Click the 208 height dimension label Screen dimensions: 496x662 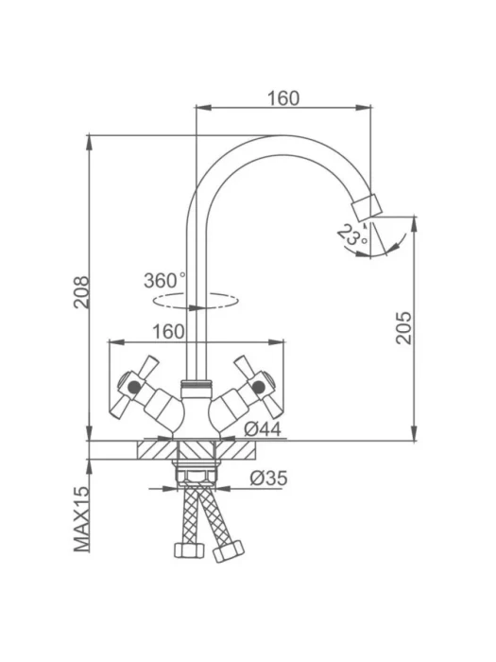click(x=81, y=292)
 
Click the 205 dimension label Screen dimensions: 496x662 click(x=403, y=328)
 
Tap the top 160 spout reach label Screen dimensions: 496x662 click(x=283, y=98)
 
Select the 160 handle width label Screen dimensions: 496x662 click(x=168, y=332)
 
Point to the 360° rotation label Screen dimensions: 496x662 click(x=164, y=281)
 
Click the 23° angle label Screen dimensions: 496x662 click(x=352, y=235)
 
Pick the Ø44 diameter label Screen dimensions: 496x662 click(x=263, y=429)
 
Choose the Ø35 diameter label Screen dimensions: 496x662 click(x=268, y=479)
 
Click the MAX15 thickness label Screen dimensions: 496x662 click(x=82, y=519)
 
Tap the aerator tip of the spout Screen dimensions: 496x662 click(x=367, y=207)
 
